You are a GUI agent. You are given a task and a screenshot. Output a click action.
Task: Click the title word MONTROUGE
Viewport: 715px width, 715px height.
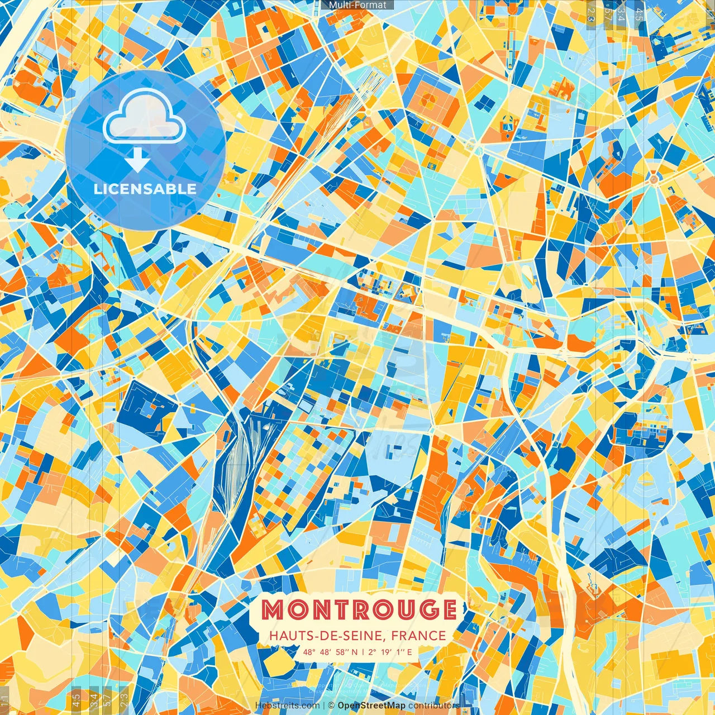[x=359, y=610]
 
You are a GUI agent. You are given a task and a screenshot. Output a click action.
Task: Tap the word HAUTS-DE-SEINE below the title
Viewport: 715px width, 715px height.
[x=328, y=636]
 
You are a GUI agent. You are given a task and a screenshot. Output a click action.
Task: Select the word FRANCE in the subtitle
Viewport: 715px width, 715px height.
[x=419, y=636]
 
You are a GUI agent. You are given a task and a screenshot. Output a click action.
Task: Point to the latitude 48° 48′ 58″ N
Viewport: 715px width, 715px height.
[x=330, y=652]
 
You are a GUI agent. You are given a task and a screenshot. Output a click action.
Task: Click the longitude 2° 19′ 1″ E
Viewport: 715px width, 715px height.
[x=390, y=652]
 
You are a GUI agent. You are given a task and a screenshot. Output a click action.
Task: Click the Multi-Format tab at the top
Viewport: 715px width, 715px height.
[x=357, y=5]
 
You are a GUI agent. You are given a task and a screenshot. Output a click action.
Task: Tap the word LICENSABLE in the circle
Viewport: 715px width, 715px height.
[x=145, y=189]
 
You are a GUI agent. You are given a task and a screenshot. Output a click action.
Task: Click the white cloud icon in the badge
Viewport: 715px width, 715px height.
[x=145, y=116]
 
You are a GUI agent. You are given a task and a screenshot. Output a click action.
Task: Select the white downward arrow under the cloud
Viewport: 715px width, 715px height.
[x=137, y=160]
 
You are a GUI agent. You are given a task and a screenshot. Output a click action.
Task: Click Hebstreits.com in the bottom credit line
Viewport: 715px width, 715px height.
[x=288, y=706]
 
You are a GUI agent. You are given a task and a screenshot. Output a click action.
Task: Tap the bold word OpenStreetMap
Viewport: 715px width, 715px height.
[x=371, y=706]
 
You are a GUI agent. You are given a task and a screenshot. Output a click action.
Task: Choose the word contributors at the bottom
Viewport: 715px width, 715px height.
[x=434, y=706]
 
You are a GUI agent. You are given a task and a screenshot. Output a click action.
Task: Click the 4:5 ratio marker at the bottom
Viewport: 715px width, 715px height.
[x=76, y=699]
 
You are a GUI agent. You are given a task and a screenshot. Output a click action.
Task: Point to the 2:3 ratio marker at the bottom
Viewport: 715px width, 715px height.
[x=124, y=699]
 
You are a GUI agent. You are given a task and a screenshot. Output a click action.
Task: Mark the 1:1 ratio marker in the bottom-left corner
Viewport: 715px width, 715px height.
[x=4, y=699]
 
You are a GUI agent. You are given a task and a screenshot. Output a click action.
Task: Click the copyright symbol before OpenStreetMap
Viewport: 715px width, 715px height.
[x=331, y=706]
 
